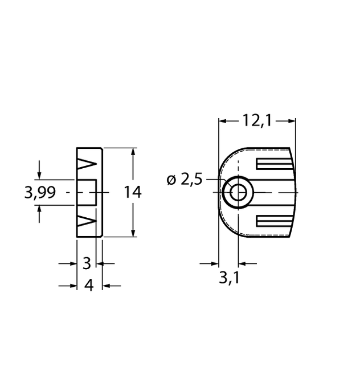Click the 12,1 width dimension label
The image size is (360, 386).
(x=257, y=120)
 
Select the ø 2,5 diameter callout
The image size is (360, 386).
(x=185, y=180)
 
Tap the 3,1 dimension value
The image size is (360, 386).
(x=229, y=278)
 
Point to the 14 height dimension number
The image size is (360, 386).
(x=132, y=193)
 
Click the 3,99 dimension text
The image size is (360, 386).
(x=40, y=193)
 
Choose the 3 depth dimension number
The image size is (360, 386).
(x=87, y=263)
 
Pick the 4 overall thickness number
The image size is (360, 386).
(x=88, y=285)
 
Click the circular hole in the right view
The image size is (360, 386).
(x=236, y=193)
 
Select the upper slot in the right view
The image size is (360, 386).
(x=275, y=165)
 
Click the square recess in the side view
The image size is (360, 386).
(x=87, y=193)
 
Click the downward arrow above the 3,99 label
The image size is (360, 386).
(x=39, y=174)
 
